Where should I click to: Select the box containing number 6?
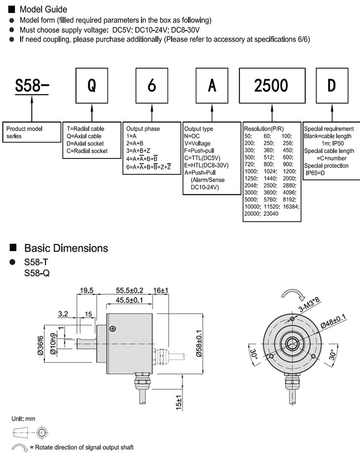click(152, 85)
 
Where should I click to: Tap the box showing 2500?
click(271, 85)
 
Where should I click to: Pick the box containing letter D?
click(332, 85)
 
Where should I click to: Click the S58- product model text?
click(32, 86)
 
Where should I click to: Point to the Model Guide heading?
click(43, 9)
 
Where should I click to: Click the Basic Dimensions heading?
click(66, 248)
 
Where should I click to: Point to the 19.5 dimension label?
click(86, 290)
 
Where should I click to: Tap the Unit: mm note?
click(24, 419)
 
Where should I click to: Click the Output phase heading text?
click(143, 129)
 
